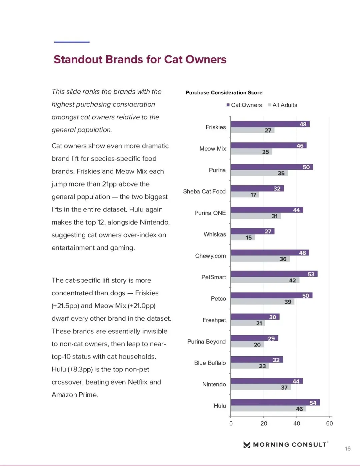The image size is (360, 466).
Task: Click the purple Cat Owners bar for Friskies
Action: pyautogui.click(x=270, y=124)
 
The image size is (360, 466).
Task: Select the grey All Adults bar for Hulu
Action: pyautogui.click(x=268, y=409)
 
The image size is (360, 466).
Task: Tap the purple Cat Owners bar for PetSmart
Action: pyautogui.click(x=274, y=274)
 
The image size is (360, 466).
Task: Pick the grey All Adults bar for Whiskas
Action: pyautogui.click(x=243, y=238)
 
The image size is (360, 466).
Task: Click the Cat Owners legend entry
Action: pyautogui.click(x=244, y=105)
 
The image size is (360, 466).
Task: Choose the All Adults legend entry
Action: pyautogui.click(x=283, y=105)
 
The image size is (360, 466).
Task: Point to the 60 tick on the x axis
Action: pyautogui.click(x=329, y=423)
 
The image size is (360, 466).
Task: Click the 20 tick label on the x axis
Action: pyautogui.click(x=264, y=423)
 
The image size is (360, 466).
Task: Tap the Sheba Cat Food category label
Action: pyautogui.click(x=204, y=191)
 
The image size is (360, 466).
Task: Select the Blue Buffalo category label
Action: pyautogui.click(x=210, y=363)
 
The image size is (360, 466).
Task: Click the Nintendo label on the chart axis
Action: pyautogui.click(x=214, y=384)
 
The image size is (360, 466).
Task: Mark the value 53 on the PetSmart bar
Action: pyautogui.click(x=311, y=274)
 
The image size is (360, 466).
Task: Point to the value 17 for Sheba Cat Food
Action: pyautogui.click(x=253, y=195)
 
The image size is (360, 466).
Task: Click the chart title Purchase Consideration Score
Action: pyautogui.click(x=224, y=93)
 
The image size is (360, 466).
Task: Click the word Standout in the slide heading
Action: pyautogui.click(x=78, y=59)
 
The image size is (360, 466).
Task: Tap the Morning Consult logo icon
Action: pyautogui.click(x=247, y=445)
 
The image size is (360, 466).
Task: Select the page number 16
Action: pyautogui.click(x=348, y=449)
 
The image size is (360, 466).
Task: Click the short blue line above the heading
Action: pyautogui.click(x=72, y=42)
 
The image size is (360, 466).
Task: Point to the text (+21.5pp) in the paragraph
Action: pyautogui.click(x=65, y=306)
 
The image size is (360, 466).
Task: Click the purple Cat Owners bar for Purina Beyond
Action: pyautogui.click(x=254, y=338)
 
